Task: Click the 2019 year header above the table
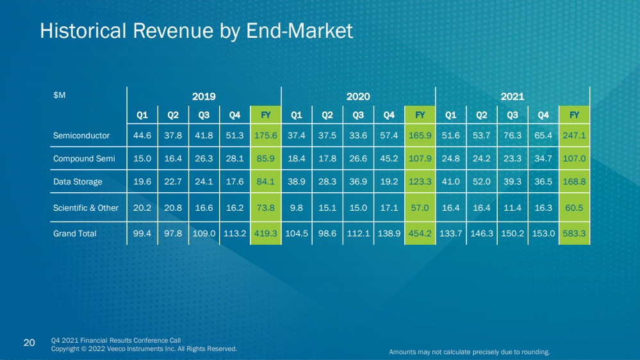204,96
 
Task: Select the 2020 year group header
358,96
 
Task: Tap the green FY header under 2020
420,115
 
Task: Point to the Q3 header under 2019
204,115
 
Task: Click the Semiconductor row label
81,136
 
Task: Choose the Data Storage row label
78,182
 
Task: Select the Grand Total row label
75,233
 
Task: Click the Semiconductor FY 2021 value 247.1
574,136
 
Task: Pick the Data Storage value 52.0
482,182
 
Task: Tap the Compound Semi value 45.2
389,158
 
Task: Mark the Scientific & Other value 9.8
297,208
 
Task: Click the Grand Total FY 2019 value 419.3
265,233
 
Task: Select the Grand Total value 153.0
543,233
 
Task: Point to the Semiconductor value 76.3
513,136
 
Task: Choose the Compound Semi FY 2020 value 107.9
420,158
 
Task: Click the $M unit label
59,95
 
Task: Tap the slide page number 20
29,343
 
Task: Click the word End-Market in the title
300,31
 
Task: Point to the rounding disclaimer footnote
470,352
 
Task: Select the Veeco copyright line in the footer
144,349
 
